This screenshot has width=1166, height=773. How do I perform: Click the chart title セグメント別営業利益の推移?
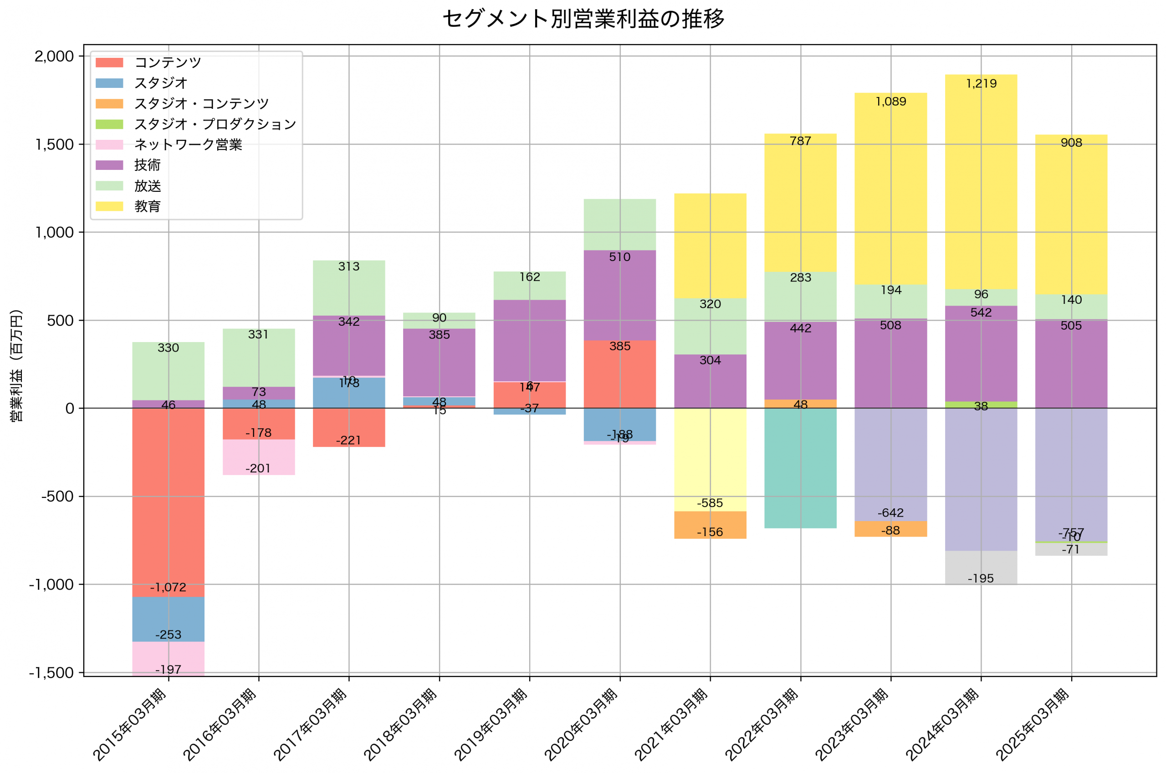(x=583, y=19)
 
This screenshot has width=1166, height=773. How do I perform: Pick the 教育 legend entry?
(x=148, y=206)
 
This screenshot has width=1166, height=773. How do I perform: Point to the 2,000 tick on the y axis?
(x=54, y=56)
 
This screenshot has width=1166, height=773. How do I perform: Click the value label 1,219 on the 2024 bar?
(x=981, y=83)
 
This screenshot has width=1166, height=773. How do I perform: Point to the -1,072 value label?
(x=168, y=587)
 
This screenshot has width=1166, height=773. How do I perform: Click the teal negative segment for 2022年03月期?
(x=800, y=468)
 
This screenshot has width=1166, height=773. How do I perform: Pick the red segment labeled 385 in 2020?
(x=619, y=375)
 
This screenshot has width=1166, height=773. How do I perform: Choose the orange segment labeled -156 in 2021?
(x=710, y=526)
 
